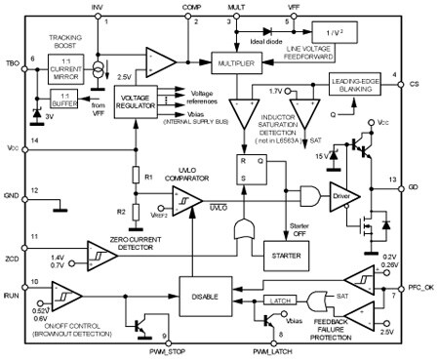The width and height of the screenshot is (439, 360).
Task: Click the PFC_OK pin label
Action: point(420,285)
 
